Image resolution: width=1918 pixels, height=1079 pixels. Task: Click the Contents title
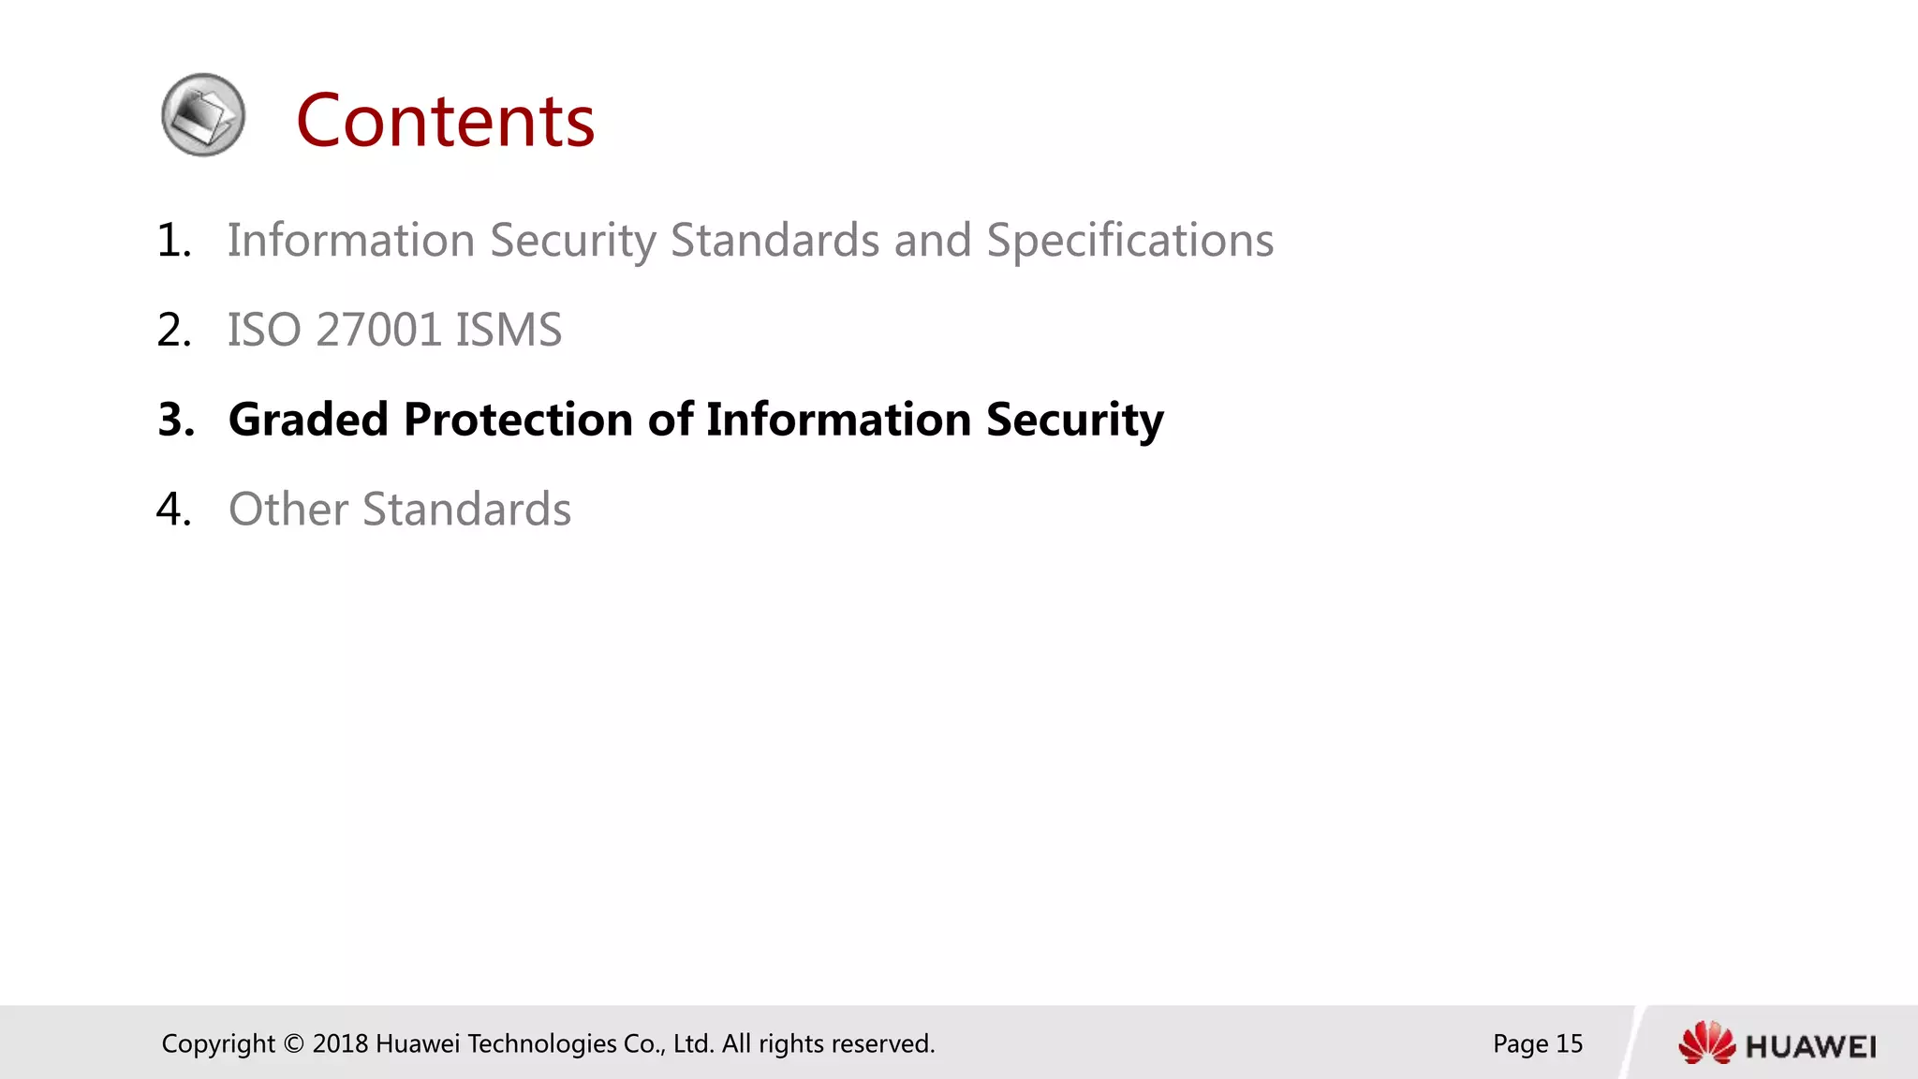click(445, 121)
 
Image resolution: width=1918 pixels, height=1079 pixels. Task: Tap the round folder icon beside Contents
click(203, 115)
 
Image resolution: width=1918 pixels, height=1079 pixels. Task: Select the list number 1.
click(173, 240)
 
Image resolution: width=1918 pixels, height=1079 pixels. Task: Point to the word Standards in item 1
click(775, 240)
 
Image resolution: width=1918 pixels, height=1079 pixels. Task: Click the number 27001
click(378, 330)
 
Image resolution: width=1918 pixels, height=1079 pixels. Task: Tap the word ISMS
click(509, 330)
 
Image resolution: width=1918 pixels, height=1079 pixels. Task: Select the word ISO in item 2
click(264, 330)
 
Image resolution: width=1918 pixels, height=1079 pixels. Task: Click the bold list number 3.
click(175, 419)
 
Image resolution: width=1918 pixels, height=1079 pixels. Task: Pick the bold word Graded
click(308, 419)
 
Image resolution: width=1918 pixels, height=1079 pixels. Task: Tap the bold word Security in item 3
click(1074, 419)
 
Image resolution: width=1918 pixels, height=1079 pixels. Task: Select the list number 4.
click(173, 509)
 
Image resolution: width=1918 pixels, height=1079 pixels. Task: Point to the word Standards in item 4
click(466, 509)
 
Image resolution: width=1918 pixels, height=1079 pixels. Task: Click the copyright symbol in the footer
click(294, 1043)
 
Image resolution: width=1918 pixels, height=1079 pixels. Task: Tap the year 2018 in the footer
click(339, 1043)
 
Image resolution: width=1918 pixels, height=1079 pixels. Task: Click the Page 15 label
click(1537, 1043)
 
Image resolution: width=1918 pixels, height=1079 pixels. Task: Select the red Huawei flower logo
click(1706, 1043)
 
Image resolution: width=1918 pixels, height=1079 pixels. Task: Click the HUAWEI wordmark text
click(1810, 1046)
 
